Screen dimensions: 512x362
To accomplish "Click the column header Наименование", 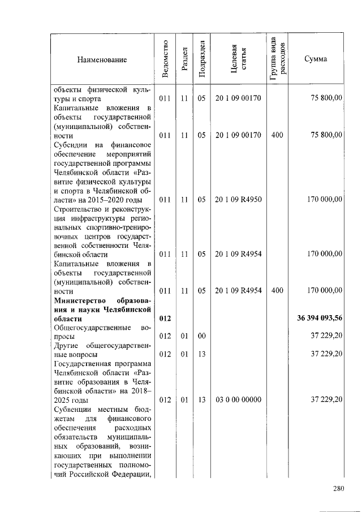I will click(102, 59).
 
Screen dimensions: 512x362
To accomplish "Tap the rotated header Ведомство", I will click(165, 59).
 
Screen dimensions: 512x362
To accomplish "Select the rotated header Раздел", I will click(184, 59).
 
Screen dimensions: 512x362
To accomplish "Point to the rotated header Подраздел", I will click(201, 59).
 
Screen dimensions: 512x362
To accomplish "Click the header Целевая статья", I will click(238, 59).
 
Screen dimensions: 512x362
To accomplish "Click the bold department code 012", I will click(165, 319).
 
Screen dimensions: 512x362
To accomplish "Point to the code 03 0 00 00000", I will click(238, 399).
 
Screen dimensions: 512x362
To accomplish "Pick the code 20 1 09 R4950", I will click(238, 199).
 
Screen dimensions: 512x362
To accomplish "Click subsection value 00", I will click(201, 336).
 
